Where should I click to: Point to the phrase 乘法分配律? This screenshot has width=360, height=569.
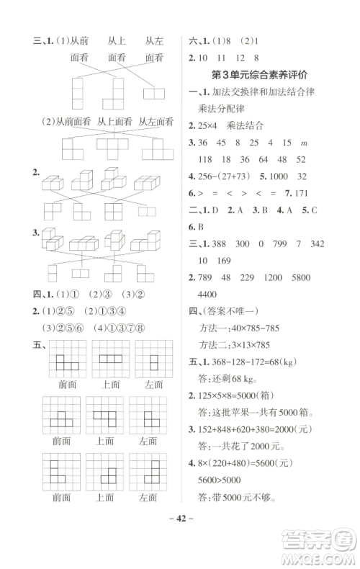(x=220, y=108)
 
